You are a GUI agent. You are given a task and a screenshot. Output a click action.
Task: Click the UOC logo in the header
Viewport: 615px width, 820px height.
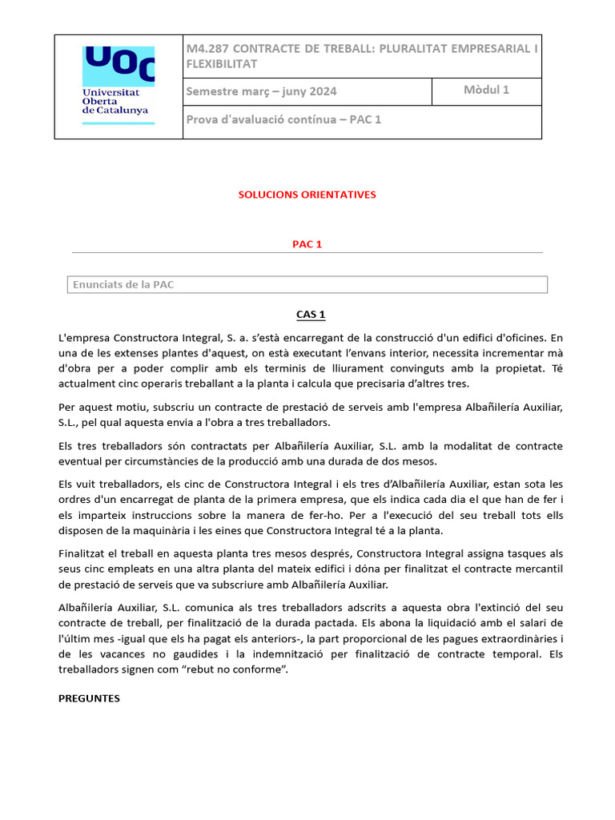pos(119,65)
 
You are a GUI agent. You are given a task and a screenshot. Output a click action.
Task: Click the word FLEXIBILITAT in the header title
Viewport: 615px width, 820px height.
pos(222,63)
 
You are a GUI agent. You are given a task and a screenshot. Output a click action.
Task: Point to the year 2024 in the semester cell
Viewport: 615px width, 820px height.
pos(320,91)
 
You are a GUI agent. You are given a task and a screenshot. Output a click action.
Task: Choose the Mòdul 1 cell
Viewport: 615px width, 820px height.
pos(486,90)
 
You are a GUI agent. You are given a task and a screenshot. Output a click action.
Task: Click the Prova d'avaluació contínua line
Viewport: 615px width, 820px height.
pos(283,120)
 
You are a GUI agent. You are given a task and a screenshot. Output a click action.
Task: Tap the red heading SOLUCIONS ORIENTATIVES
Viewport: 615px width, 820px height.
pos(307,195)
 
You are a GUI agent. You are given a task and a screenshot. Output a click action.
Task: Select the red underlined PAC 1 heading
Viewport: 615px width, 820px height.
pos(307,244)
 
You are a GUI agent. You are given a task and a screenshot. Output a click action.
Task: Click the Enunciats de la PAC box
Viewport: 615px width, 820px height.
pos(307,284)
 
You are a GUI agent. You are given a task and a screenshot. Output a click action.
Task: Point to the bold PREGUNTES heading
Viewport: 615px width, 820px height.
pos(89,698)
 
